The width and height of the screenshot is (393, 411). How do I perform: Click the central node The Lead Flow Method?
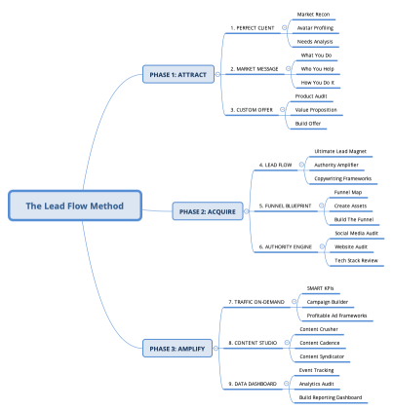click(x=73, y=205)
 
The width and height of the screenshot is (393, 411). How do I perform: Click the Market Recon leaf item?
click(x=314, y=15)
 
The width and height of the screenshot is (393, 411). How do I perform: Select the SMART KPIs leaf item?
click(x=322, y=289)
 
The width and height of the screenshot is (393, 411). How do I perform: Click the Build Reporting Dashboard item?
click(x=330, y=397)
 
